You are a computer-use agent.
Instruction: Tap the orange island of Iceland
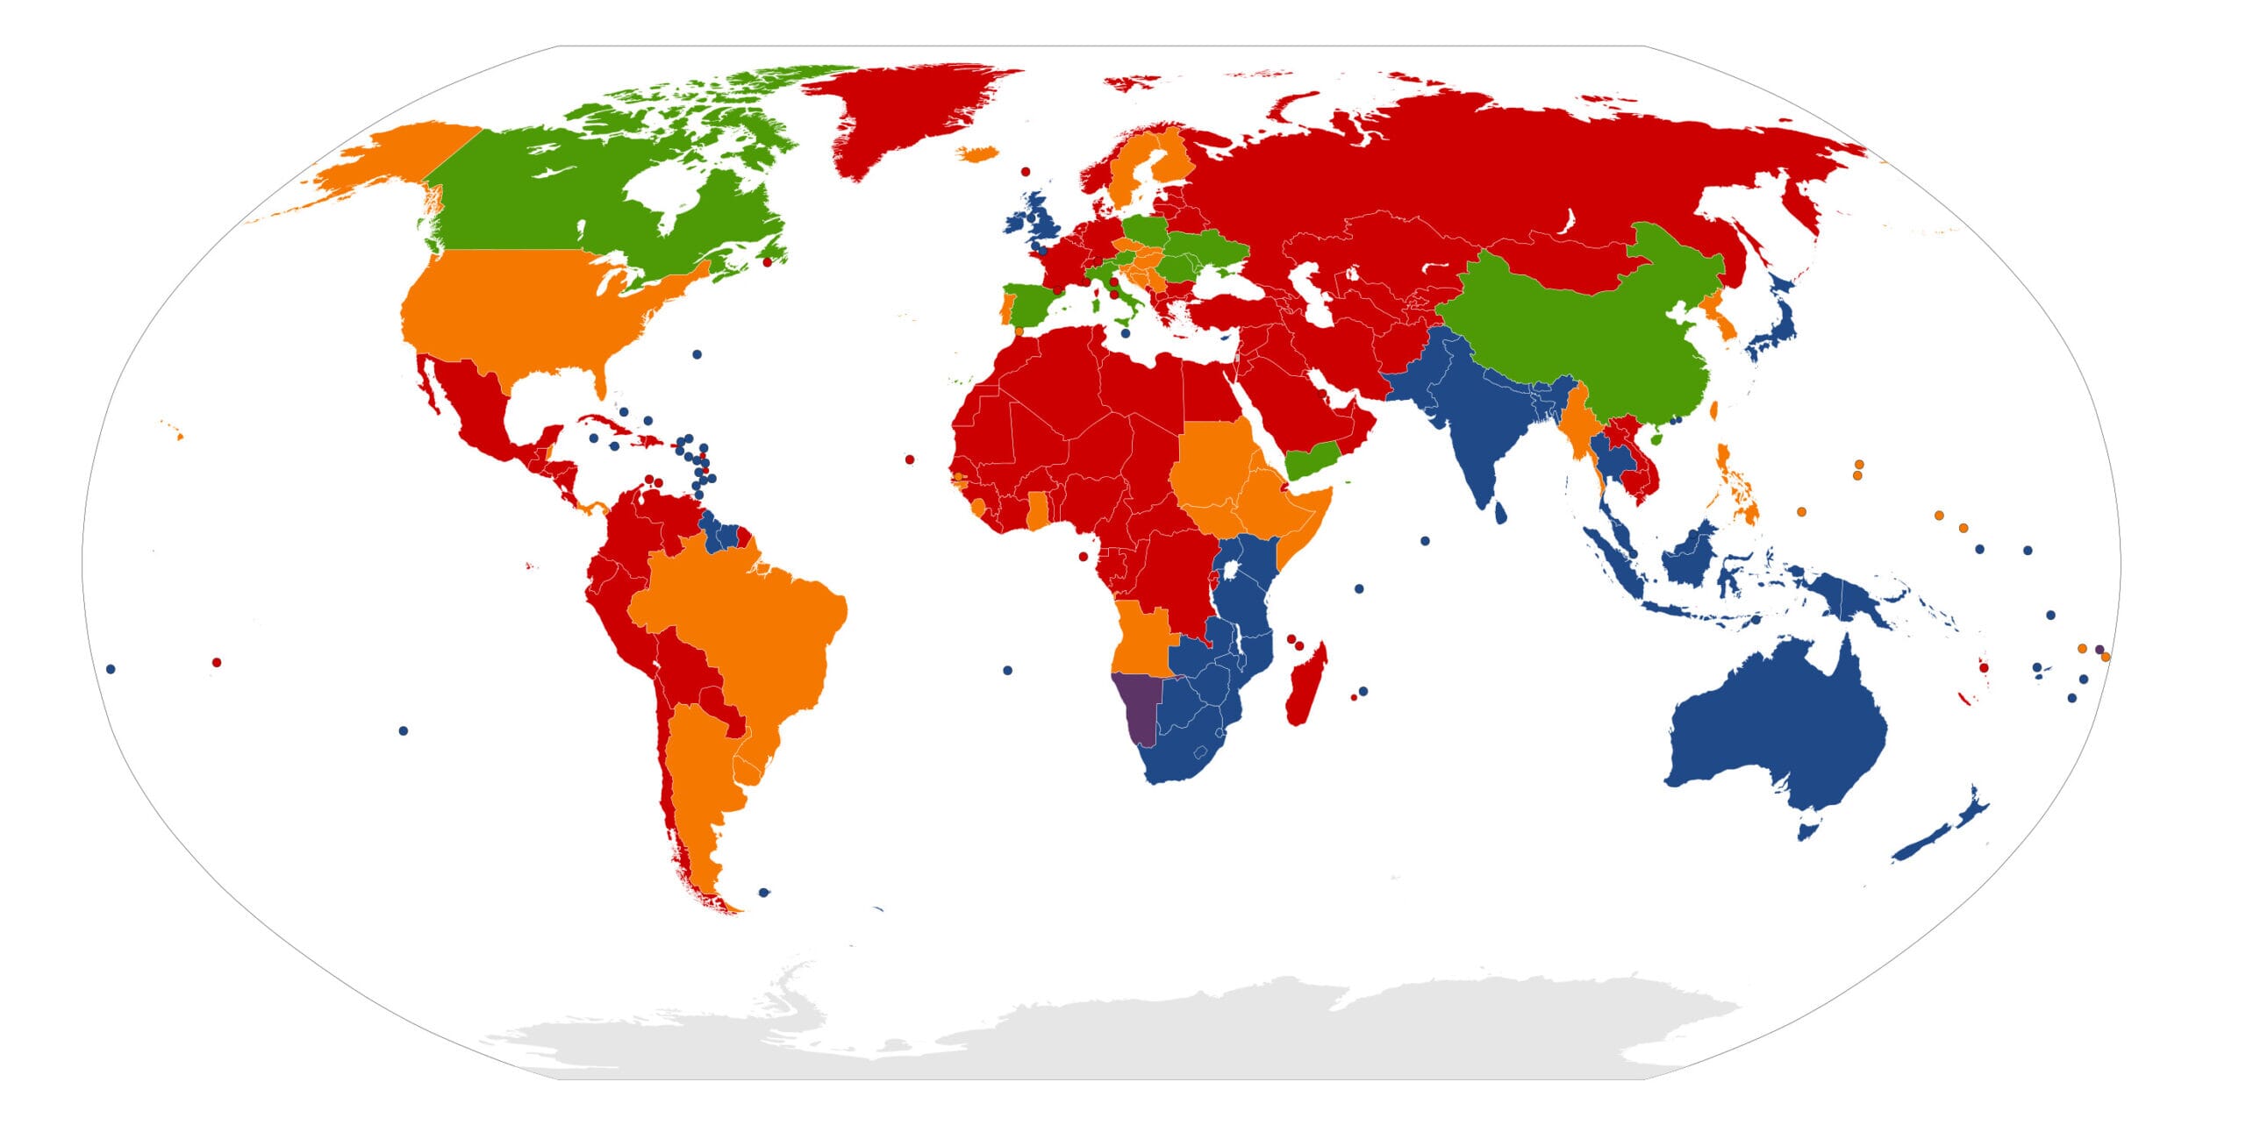click(x=977, y=153)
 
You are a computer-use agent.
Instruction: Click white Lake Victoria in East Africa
click(x=1233, y=571)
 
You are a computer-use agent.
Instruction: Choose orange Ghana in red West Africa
click(x=1038, y=511)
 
